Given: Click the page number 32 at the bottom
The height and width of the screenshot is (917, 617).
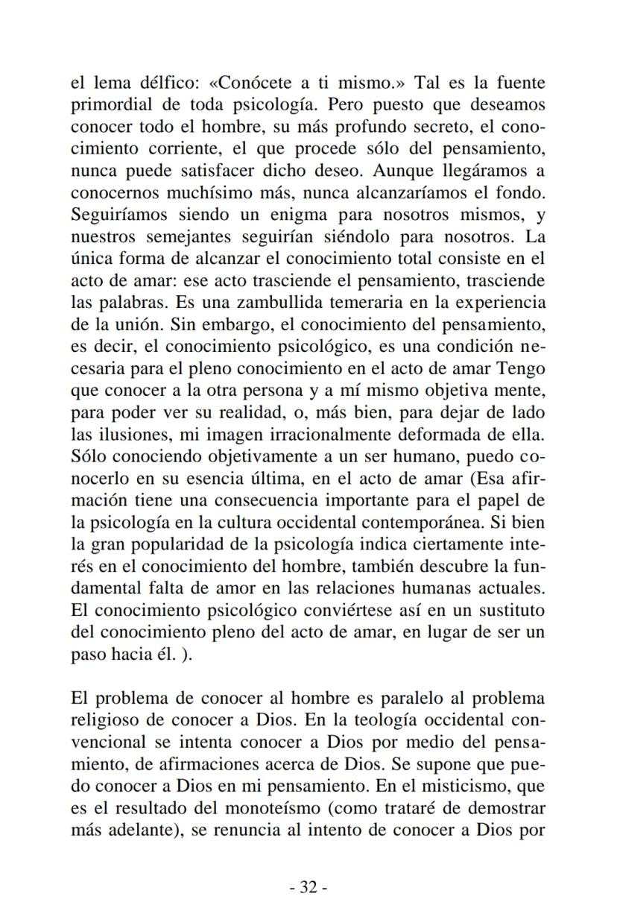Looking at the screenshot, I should point(308,887).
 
